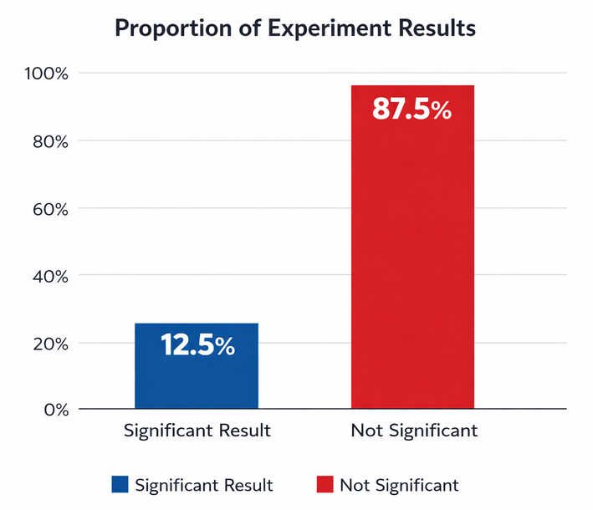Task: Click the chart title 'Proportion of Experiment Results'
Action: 295,28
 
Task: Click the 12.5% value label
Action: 197,345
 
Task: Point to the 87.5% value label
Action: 412,110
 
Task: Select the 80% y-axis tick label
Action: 46,141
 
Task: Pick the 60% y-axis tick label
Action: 46,208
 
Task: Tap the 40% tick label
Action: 46,276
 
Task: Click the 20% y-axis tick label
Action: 46,343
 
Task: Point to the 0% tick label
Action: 51,410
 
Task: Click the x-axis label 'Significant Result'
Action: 197,431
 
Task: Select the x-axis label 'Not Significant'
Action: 414,431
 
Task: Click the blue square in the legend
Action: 120,485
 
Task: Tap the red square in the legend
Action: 325,485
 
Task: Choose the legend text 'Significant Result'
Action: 203,485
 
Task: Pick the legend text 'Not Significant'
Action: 399,485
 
